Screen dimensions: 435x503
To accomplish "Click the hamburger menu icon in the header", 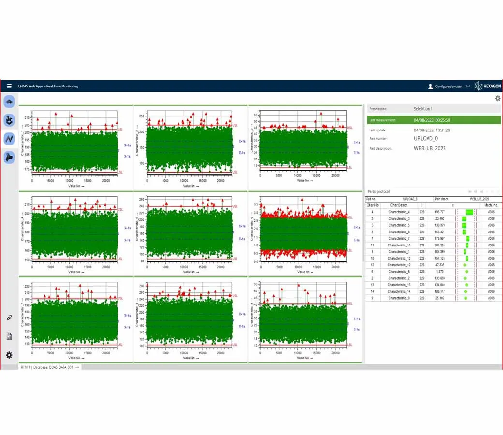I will pos(9,87).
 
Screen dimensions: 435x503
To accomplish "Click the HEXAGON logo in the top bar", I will pos(487,87).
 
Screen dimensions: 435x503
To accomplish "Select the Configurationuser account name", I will pos(449,87).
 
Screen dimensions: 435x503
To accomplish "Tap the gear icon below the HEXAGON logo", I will pos(498,98).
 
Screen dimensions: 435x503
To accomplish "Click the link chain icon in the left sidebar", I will pos(9,318).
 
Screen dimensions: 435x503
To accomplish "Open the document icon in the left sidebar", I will pos(9,336).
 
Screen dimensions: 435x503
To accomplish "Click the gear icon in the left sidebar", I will pos(9,355).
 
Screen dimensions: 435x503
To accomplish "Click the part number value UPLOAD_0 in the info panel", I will pos(426,139).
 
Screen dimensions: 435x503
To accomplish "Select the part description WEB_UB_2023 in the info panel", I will pos(430,148).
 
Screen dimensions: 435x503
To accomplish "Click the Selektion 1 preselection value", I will pos(423,109).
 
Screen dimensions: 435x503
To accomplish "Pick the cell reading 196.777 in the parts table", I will pos(440,212).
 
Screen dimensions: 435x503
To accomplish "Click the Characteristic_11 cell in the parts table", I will pos(399,246).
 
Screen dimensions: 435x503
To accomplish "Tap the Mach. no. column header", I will pos(490,205).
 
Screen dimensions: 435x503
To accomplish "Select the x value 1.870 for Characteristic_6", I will pos(440,272).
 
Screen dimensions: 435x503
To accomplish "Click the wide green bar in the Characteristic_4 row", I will pos(470,212).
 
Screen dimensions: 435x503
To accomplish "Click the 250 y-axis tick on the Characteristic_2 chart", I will pos(142,116).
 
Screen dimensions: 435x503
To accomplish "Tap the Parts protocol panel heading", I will pos(379,192).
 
